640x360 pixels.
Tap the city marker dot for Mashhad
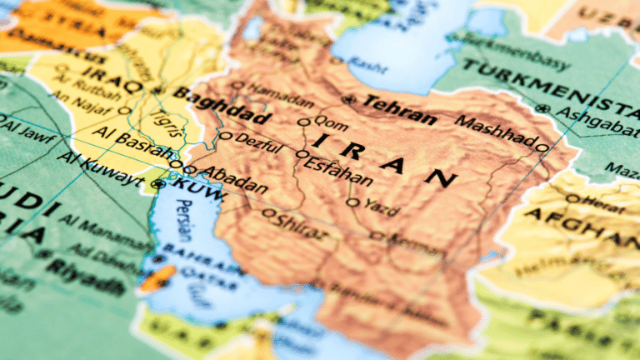point(542,148)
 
